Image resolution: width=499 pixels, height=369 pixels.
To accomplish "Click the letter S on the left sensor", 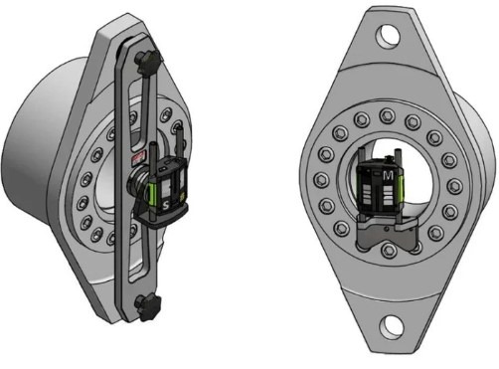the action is [x=166, y=206].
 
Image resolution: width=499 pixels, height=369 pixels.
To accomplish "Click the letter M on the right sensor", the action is [x=388, y=176].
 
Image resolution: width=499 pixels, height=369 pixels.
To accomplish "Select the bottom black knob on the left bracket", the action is [x=148, y=307].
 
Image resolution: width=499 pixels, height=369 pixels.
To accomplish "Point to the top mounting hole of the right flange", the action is [x=389, y=34].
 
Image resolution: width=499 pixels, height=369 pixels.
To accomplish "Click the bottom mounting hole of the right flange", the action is [x=392, y=325].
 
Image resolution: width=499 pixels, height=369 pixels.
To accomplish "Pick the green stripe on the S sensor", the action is [x=153, y=195].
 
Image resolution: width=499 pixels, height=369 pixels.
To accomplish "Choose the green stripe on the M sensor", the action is [x=402, y=188].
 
